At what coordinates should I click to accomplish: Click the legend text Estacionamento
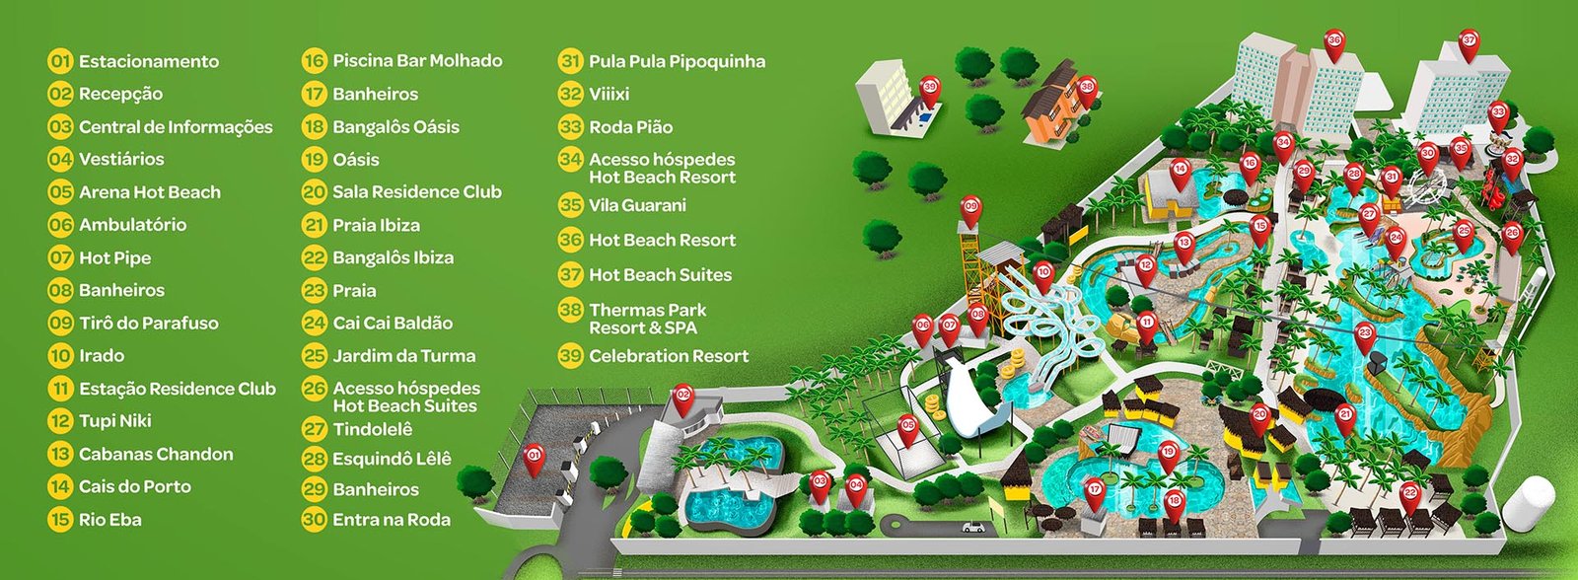click(x=149, y=61)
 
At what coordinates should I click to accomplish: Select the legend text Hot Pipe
click(x=114, y=257)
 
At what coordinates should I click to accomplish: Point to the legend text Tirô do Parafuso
click(x=148, y=323)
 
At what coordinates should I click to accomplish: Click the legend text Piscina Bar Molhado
click(x=417, y=61)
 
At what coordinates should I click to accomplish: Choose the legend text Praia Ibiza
click(x=376, y=225)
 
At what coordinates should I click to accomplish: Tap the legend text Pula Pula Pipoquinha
click(x=677, y=61)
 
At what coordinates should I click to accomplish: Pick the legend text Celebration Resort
click(x=669, y=356)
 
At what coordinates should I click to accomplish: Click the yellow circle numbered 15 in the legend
click(x=61, y=520)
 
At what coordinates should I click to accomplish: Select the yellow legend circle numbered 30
click(x=315, y=520)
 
